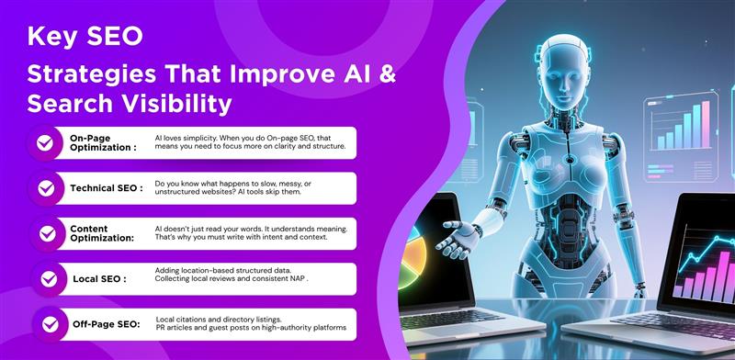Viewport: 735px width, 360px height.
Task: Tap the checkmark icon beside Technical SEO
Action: pos(43,187)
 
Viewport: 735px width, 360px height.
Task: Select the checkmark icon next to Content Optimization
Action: pos(43,233)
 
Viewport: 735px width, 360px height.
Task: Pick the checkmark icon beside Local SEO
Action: pos(43,278)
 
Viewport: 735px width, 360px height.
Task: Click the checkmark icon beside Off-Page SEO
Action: pos(43,323)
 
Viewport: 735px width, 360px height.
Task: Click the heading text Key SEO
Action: pos(85,37)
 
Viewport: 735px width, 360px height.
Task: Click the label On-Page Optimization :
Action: pos(103,142)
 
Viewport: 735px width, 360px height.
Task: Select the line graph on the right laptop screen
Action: pos(703,257)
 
